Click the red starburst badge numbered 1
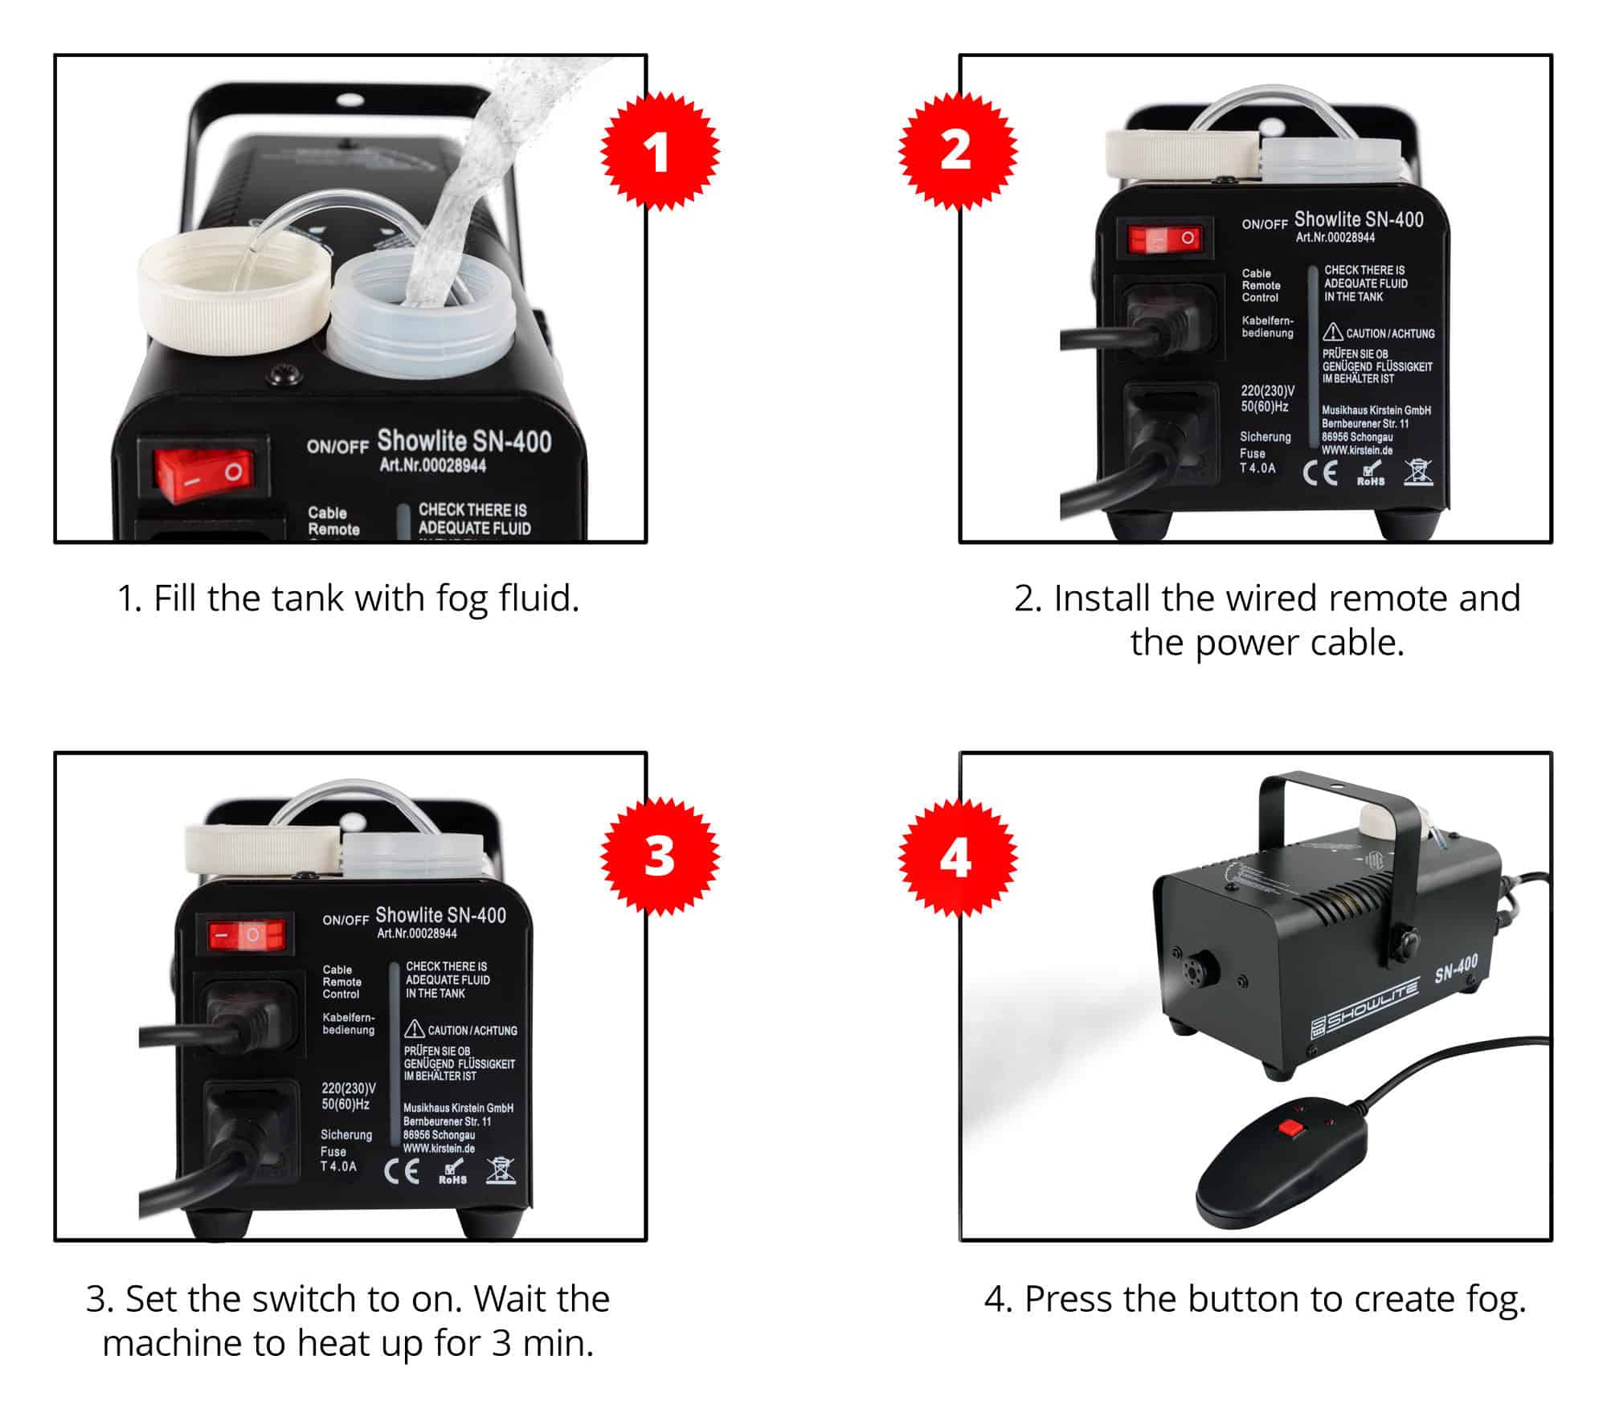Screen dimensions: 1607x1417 [x=660, y=152]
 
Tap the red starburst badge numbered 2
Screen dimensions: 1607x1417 [x=957, y=152]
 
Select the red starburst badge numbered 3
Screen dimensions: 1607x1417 [x=660, y=857]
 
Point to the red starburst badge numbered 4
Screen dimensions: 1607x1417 [x=957, y=857]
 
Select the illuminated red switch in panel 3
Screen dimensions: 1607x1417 [x=247, y=935]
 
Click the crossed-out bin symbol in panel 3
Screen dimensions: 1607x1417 [x=501, y=1170]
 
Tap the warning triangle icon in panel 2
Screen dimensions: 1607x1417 [x=1333, y=332]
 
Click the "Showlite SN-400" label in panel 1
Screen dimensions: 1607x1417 [x=464, y=441]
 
